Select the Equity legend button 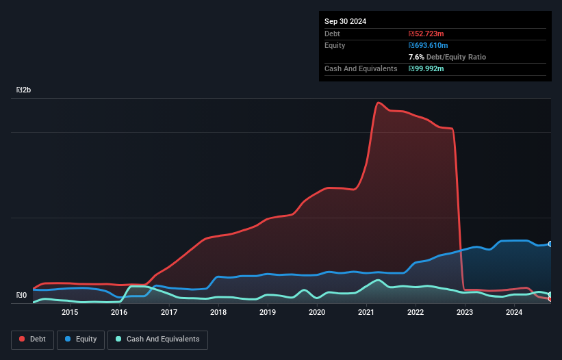click(x=81, y=339)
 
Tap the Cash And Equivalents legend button click(x=157, y=339)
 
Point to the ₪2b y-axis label click(x=24, y=90)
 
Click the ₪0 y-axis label click(x=21, y=296)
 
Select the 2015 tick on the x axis click(x=70, y=313)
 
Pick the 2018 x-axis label click(x=218, y=313)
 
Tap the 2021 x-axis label click(x=366, y=313)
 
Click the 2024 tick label click(x=514, y=313)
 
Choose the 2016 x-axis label click(x=119, y=313)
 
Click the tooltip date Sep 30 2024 click(x=345, y=21)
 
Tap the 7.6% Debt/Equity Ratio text click(x=447, y=57)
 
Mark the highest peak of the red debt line click(x=378, y=103)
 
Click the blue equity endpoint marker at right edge click(x=550, y=244)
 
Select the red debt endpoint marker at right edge click(x=550, y=299)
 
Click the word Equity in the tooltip click(x=335, y=45)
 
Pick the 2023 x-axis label click(x=465, y=313)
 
